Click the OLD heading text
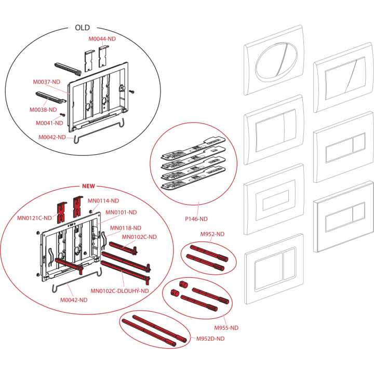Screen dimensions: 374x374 click(x=82, y=28)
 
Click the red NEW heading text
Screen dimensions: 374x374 click(x=88, y=186)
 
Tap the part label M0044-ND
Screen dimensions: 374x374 click(x=102, y=39)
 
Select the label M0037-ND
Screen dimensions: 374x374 click(x=47, y=82)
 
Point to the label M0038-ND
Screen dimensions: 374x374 click(x=43, y=110)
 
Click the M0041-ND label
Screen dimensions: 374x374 click(x=49, y=123)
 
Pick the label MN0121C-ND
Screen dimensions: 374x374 click(x=34, y=218)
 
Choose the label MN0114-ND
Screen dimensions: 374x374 click(x=103, y=201)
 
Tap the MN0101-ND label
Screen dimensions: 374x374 click(x=121, y=212)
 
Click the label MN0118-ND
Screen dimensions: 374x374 click(x=126, y=228)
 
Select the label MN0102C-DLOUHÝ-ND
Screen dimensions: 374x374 click(x=119, y=291)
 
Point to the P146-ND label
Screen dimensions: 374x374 click(x=196, y=219)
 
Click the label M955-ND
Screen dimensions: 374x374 click(x=226, y=328)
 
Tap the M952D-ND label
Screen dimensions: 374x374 click(x=210, y=339)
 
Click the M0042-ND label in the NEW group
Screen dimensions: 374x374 click(x=74, y=300)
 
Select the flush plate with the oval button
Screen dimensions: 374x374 click(x=274, y=60)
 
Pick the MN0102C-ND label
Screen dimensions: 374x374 click(x=139, y=237)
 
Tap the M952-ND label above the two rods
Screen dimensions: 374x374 click(x=212, y=234)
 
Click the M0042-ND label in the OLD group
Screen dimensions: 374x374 click(x=52, y=137)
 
